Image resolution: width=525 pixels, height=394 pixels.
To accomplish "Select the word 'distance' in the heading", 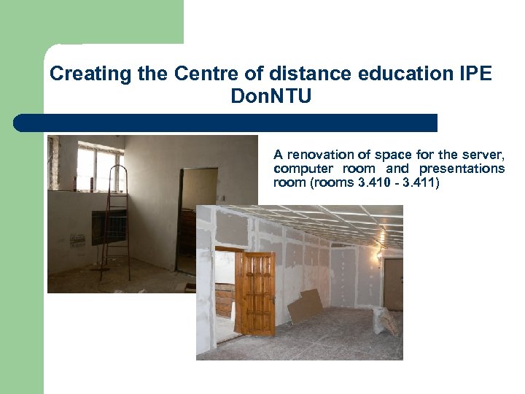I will click(294, 74).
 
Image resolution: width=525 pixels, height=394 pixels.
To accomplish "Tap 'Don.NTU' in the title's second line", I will click(271, 96).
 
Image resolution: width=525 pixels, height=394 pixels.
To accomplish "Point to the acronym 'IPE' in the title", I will click(476, 74).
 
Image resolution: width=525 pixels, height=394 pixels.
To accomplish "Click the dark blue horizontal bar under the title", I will click(226, 123).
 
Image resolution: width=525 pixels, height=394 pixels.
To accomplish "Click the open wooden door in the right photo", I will click(255, 292).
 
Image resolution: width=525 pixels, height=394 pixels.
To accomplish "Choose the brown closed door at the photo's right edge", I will click(394, 285).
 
